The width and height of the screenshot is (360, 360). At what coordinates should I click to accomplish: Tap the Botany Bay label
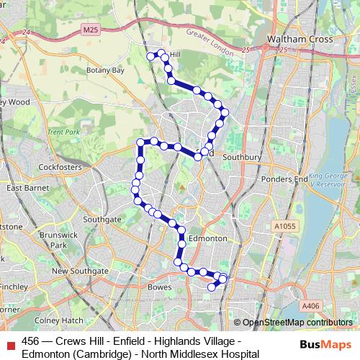(x=106, y=71)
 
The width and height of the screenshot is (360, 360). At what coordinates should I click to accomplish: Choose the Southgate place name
(x=102, y=218)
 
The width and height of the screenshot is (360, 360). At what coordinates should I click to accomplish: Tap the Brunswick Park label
(x=52, y=240)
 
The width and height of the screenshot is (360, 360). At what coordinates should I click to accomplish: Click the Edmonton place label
(x=207, y=238)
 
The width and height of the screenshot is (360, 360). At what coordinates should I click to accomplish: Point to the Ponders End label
(x=285, y=179)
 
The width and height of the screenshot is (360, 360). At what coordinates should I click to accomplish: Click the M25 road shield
(x=90, y=30)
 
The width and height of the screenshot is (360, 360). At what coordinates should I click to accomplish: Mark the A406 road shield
(x=310, y=306)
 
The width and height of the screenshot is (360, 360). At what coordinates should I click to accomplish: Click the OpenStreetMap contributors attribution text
(x=293, y=323)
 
